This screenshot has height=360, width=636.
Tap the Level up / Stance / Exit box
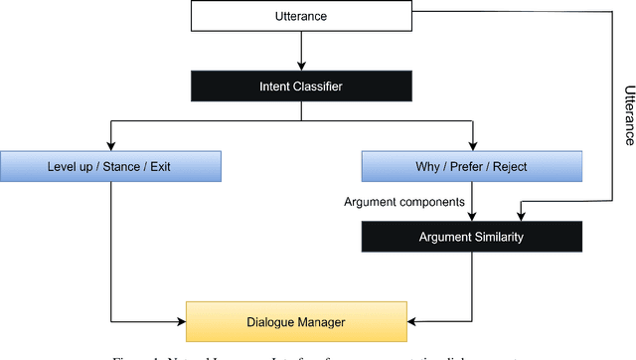pyautogui.click(x=109, y=165)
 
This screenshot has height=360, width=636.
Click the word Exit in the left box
pyautogui.click(x=157, y=165)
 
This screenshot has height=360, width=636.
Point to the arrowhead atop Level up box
pyautogui.click(x=109, y=146)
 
